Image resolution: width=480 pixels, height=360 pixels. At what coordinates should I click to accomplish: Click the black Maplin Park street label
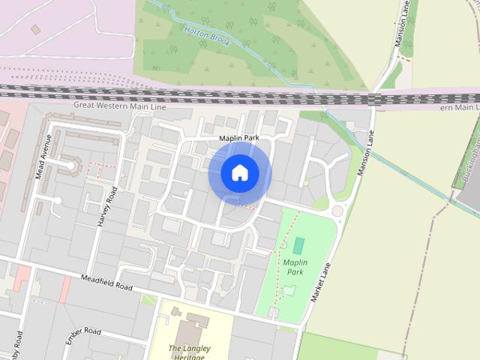(x=238, y=139)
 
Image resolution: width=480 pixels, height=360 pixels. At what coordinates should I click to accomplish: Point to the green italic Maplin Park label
(x=294, y=267)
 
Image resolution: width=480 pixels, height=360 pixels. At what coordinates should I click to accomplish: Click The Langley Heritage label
(x=189, y=352)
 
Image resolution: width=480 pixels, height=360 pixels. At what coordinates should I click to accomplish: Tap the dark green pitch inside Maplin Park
(x=299, y=245)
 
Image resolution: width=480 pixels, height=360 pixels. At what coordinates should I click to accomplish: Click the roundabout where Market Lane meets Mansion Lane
(x=337, y=211)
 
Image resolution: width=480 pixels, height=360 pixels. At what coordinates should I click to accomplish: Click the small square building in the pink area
(x=35, y=29)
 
